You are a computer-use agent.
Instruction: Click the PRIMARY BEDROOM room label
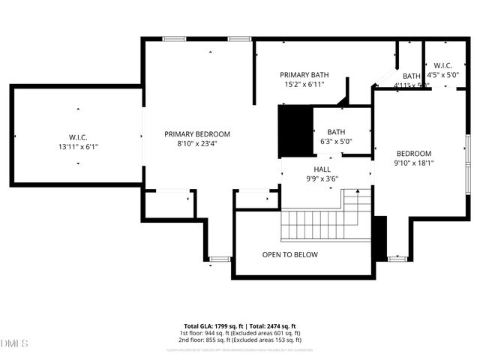click(x=197, y=134)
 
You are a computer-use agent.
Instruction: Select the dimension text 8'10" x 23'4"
click(x=197, y=144)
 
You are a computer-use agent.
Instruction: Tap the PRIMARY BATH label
click(x=304, y=75)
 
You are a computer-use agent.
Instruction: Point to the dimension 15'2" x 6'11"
click(x=304, y=85)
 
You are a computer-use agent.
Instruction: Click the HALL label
click(x=322, y=169)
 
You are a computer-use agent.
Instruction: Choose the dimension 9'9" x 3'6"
click(x=322, y=179)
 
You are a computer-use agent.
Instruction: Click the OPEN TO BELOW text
click(x=289, y=255)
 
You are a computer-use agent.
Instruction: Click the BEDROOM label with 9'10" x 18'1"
click(x=413, y=153)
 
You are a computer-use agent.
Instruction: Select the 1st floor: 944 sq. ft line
click(x=239, y=333)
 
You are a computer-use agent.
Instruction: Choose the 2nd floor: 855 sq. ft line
click(x=239, y=340)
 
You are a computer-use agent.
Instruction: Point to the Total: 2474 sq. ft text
click(x=276, y=325)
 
